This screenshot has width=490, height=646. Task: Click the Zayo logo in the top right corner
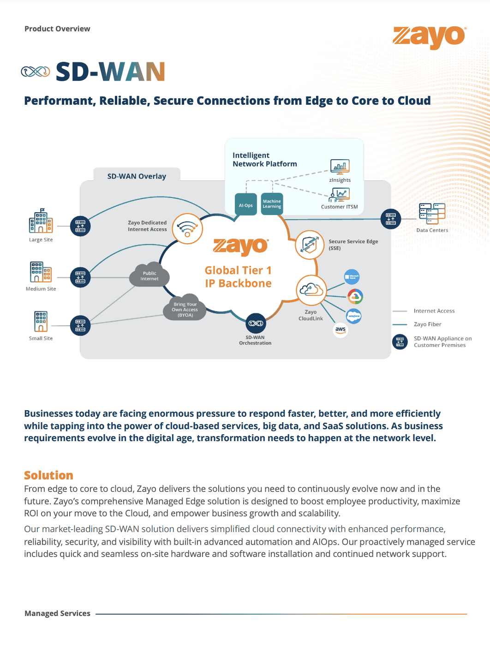point(429,37)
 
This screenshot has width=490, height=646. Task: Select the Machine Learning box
point(272,204)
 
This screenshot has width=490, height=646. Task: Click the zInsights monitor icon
point(340,167)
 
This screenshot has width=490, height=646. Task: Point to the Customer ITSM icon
point(340,195)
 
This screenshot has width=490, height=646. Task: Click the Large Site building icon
point(41,221)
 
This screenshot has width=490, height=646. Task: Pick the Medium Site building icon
point(41,272)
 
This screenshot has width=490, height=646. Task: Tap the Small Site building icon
point(41,321)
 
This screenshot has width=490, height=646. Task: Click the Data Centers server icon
point(432,214)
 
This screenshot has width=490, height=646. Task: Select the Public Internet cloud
point(149,276)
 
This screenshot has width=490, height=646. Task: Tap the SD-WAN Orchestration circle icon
point(256,323)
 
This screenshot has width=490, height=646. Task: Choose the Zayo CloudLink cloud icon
point(311,290)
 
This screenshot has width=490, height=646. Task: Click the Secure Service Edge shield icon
point(310,245)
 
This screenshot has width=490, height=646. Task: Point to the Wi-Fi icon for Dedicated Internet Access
point(187,228)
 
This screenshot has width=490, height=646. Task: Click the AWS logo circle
point(341,329)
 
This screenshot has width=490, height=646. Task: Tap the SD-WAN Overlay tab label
point(137,176)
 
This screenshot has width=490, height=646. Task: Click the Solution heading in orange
point(48,475)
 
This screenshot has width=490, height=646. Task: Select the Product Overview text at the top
point(57,29)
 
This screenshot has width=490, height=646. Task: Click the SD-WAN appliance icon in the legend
point(400,342)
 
